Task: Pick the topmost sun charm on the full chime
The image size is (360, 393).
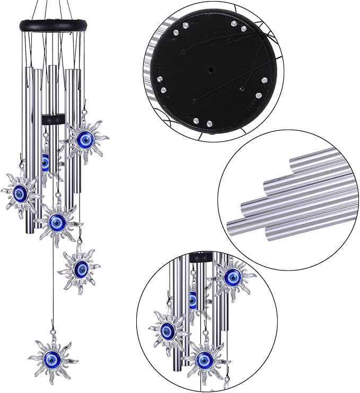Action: pyautogui.click(x=84, y=140)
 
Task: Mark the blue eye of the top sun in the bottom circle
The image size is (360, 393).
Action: pyautogui.click(x=232, y=276)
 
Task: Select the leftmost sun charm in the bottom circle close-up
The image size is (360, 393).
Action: pyautogui.click(x=169, y=330)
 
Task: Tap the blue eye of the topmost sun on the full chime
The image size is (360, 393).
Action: pyautogui.click(x=84, y=140)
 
